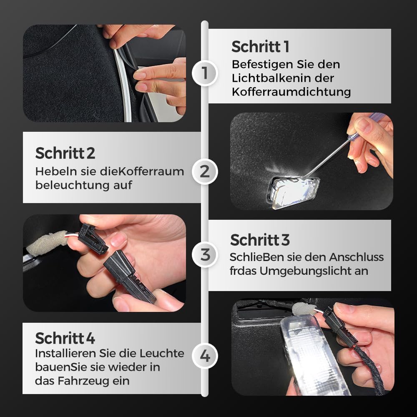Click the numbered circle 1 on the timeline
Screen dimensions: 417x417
[204, 73]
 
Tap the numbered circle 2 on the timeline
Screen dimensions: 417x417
[204, 171]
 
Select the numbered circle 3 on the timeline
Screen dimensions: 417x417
[204, 254]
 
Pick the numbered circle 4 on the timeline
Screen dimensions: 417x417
[204, 356]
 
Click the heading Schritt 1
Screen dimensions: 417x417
[260, 47]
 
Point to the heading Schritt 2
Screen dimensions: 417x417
[65, 153]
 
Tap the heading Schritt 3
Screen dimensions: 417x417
[260, 240]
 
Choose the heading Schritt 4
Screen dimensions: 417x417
[65, 338]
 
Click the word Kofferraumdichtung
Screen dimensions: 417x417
[291, 92]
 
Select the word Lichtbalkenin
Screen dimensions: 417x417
[269, 78]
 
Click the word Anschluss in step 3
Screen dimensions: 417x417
[357, 257]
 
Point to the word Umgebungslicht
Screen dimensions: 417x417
[314, 271]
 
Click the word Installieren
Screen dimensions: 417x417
[66, 354]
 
